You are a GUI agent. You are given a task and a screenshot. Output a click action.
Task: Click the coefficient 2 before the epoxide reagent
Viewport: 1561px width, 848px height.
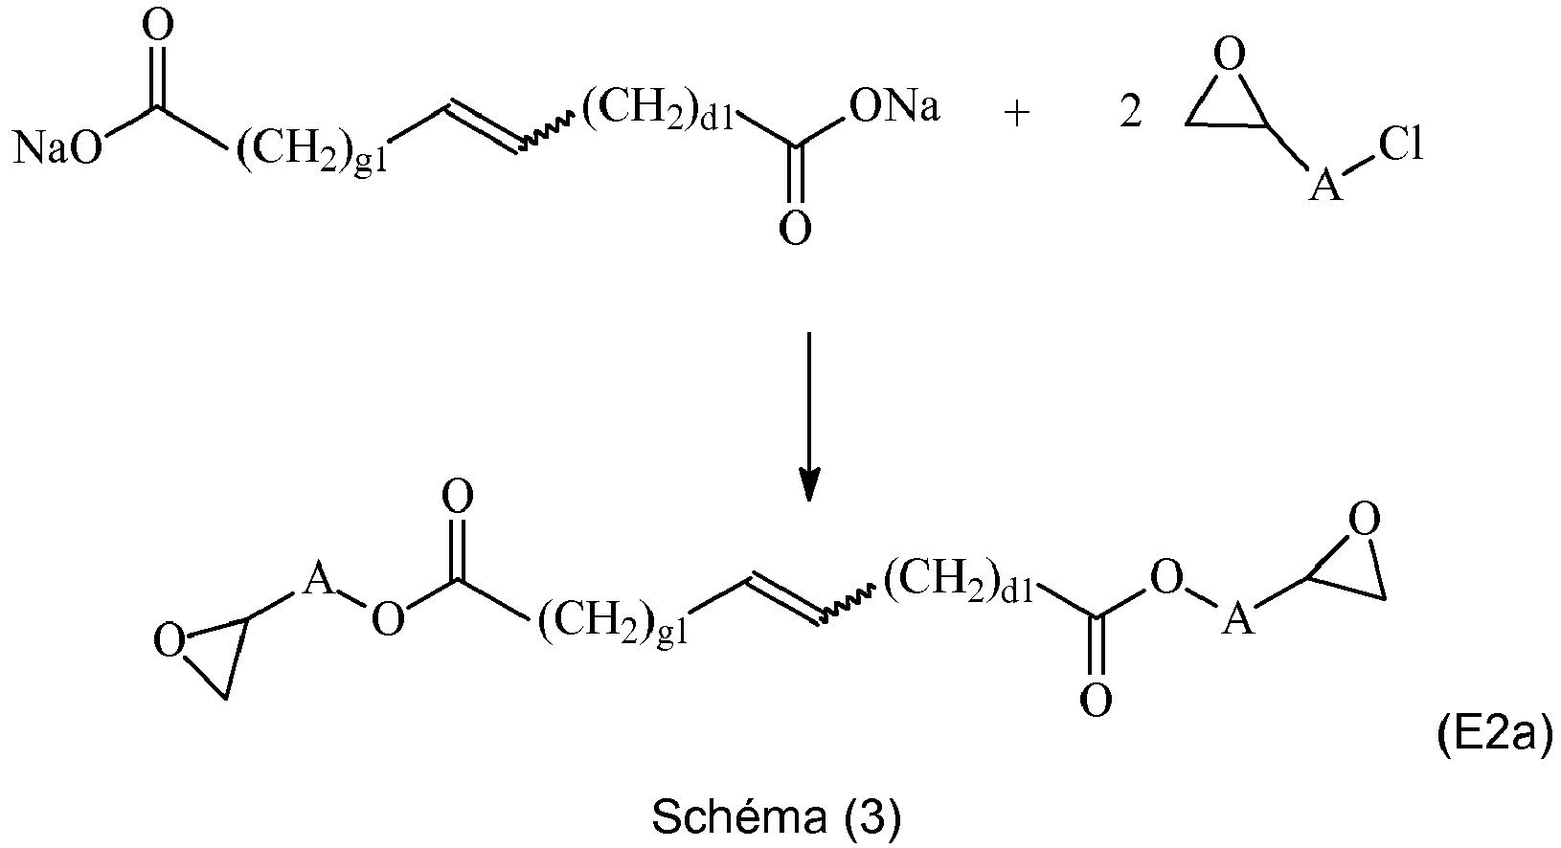point(1131,112)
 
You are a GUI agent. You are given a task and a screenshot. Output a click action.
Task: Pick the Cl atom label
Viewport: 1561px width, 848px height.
point(1399,145)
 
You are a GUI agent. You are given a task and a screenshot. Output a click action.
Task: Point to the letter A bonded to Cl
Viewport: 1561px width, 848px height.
point(1324,184)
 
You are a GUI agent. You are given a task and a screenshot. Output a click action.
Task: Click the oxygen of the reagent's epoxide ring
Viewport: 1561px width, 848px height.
point(1230,55)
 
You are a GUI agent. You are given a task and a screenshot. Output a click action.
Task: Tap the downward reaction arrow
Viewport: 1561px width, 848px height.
point(808,415)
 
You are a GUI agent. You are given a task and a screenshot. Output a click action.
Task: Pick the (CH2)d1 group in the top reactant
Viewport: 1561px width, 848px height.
point(657,109)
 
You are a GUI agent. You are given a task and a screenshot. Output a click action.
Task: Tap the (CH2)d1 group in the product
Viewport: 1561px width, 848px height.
point(960,579)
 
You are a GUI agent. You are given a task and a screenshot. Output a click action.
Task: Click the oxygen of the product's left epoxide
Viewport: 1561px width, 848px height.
point(170,641)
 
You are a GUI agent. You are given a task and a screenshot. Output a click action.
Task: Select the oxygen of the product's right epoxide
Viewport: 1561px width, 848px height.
point(1364,520)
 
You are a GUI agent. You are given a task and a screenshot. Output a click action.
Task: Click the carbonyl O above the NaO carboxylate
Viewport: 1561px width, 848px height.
point(157,27)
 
